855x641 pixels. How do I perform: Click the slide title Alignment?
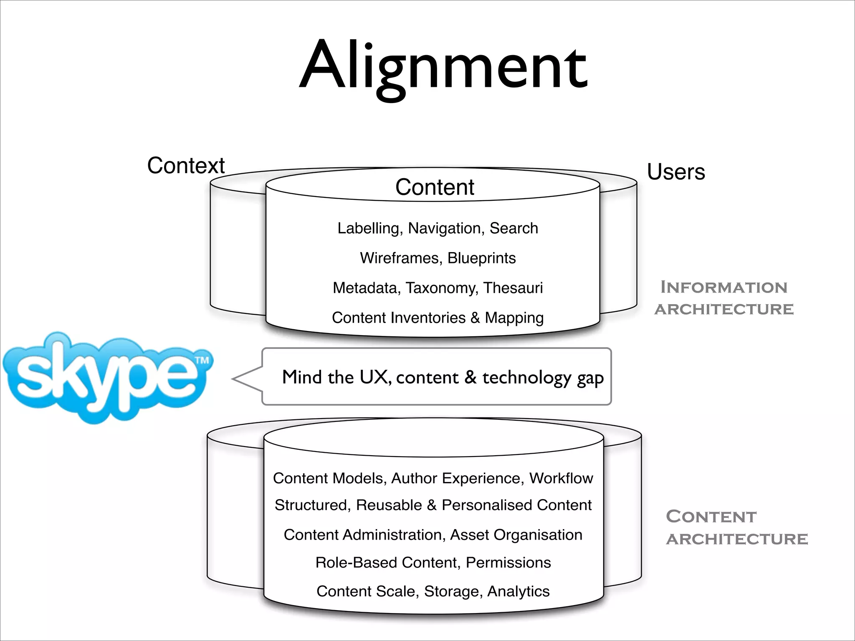tap(443, 67)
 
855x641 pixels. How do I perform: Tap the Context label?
tap(186, 166)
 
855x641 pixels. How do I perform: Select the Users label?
tap(676, 172)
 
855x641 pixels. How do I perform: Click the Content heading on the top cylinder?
tap(435, 187)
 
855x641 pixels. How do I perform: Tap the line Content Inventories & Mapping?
tap(438, 318)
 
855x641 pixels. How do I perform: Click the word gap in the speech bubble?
tap(590, 378)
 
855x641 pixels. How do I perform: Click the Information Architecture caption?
tap(724, 298)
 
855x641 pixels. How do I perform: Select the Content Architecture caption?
tap(736, 527)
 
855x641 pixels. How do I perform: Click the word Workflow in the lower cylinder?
tap(561, 478)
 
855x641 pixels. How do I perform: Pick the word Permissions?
tap(508, 563)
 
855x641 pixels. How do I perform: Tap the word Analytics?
tap(518, 591)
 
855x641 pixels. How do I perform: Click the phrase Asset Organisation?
tap(516, 535)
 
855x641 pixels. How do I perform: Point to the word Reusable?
tap(389, 505)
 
